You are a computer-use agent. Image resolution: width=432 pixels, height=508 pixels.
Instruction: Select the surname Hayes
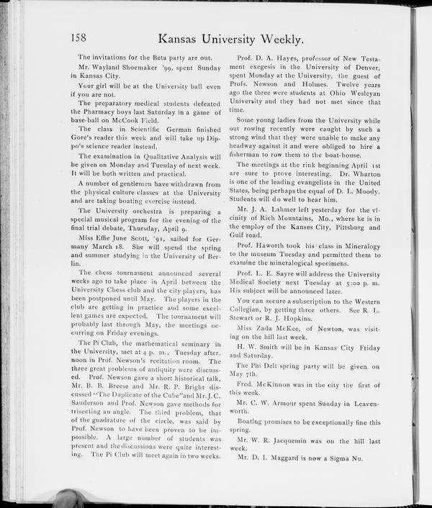pos(287,57)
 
